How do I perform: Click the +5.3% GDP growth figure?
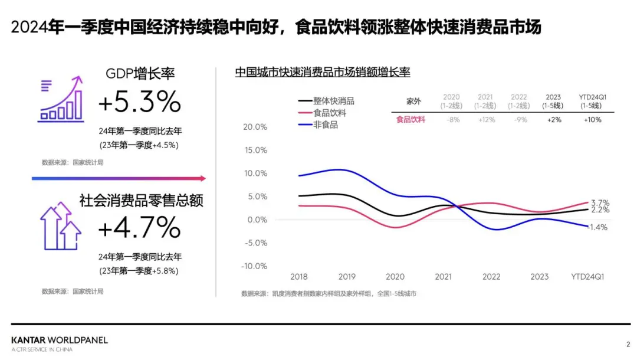139,103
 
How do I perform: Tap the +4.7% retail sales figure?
139,228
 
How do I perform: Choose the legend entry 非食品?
326,125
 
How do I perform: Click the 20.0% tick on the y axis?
255,127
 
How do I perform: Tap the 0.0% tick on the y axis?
257,220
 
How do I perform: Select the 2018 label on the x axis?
299,276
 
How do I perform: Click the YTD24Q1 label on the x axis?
587,276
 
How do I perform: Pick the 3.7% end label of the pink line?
599,202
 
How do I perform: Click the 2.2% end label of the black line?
599,210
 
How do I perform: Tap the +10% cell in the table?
592,119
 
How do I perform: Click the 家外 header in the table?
414,101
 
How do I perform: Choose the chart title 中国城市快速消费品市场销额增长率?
322,73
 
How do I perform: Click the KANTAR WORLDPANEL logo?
60,341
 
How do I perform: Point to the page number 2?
628,343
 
